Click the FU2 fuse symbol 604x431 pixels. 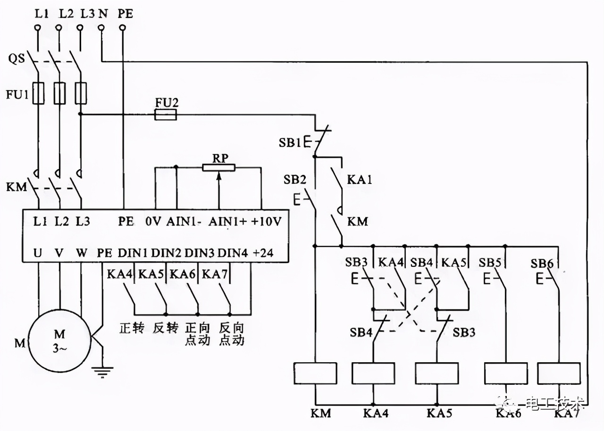tap(166, 114)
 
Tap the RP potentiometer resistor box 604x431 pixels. tap(218, 167)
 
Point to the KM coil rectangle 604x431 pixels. tap(315, 373)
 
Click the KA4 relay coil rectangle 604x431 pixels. tap(373, 373)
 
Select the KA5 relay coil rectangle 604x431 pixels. tap(436, 373)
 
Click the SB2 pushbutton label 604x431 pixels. tap(294, 180)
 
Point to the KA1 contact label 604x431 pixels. tap(360, 180)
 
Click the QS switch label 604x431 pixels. tap(17, 60)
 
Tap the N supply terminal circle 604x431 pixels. tap(101, 29)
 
